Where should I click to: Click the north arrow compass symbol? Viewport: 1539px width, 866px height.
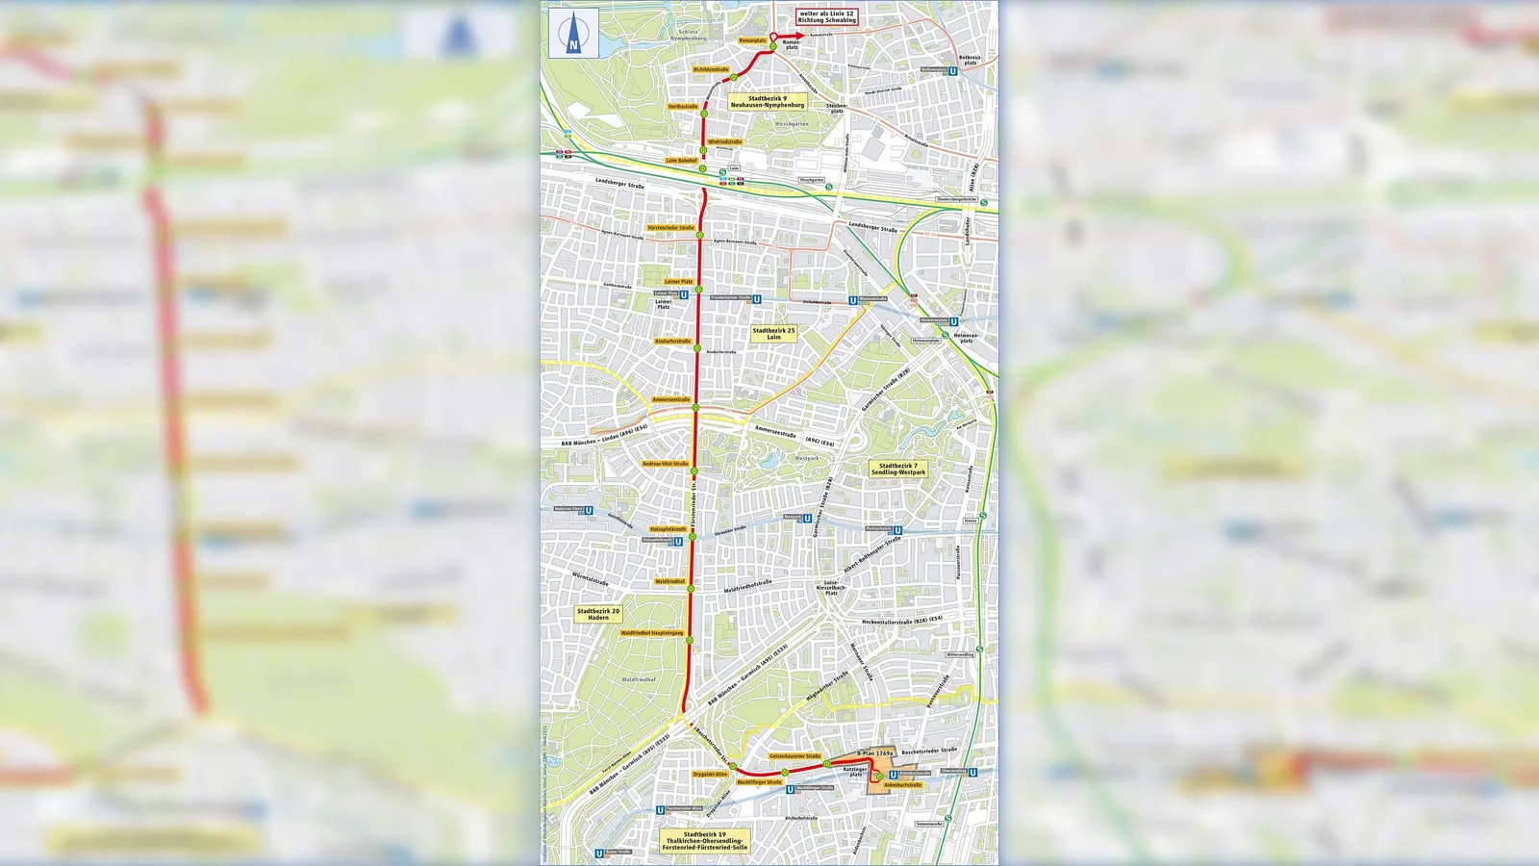click(573, 34)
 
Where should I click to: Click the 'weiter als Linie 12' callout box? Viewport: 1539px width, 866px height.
click(826, 16)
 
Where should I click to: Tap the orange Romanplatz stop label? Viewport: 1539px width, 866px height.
click(752, 40)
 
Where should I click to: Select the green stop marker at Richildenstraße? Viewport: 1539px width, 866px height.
click(733, 77)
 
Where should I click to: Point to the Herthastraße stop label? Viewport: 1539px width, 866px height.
click(683, 107)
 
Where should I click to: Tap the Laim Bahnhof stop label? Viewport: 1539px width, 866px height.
click(681, 161)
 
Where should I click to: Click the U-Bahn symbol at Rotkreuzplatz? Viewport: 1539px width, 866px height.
click(953, 70)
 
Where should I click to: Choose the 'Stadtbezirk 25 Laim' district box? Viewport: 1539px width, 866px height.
click(773, 334)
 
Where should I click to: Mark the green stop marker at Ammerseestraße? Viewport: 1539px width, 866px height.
click(695, 407)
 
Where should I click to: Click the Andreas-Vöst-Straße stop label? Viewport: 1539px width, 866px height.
click(666, 464)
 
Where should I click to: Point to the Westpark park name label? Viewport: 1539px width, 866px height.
click(807, 459)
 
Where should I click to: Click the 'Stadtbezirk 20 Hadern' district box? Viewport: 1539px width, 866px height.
click(598, 613)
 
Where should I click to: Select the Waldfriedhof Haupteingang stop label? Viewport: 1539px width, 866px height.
click(652, 633)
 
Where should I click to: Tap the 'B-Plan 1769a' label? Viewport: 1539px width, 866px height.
click(875, 753)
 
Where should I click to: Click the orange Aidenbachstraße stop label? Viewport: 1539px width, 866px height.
click(902, 785)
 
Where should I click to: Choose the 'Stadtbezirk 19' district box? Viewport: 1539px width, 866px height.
click(704, 841)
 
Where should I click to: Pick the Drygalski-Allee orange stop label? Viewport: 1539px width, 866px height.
click(710, 774)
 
